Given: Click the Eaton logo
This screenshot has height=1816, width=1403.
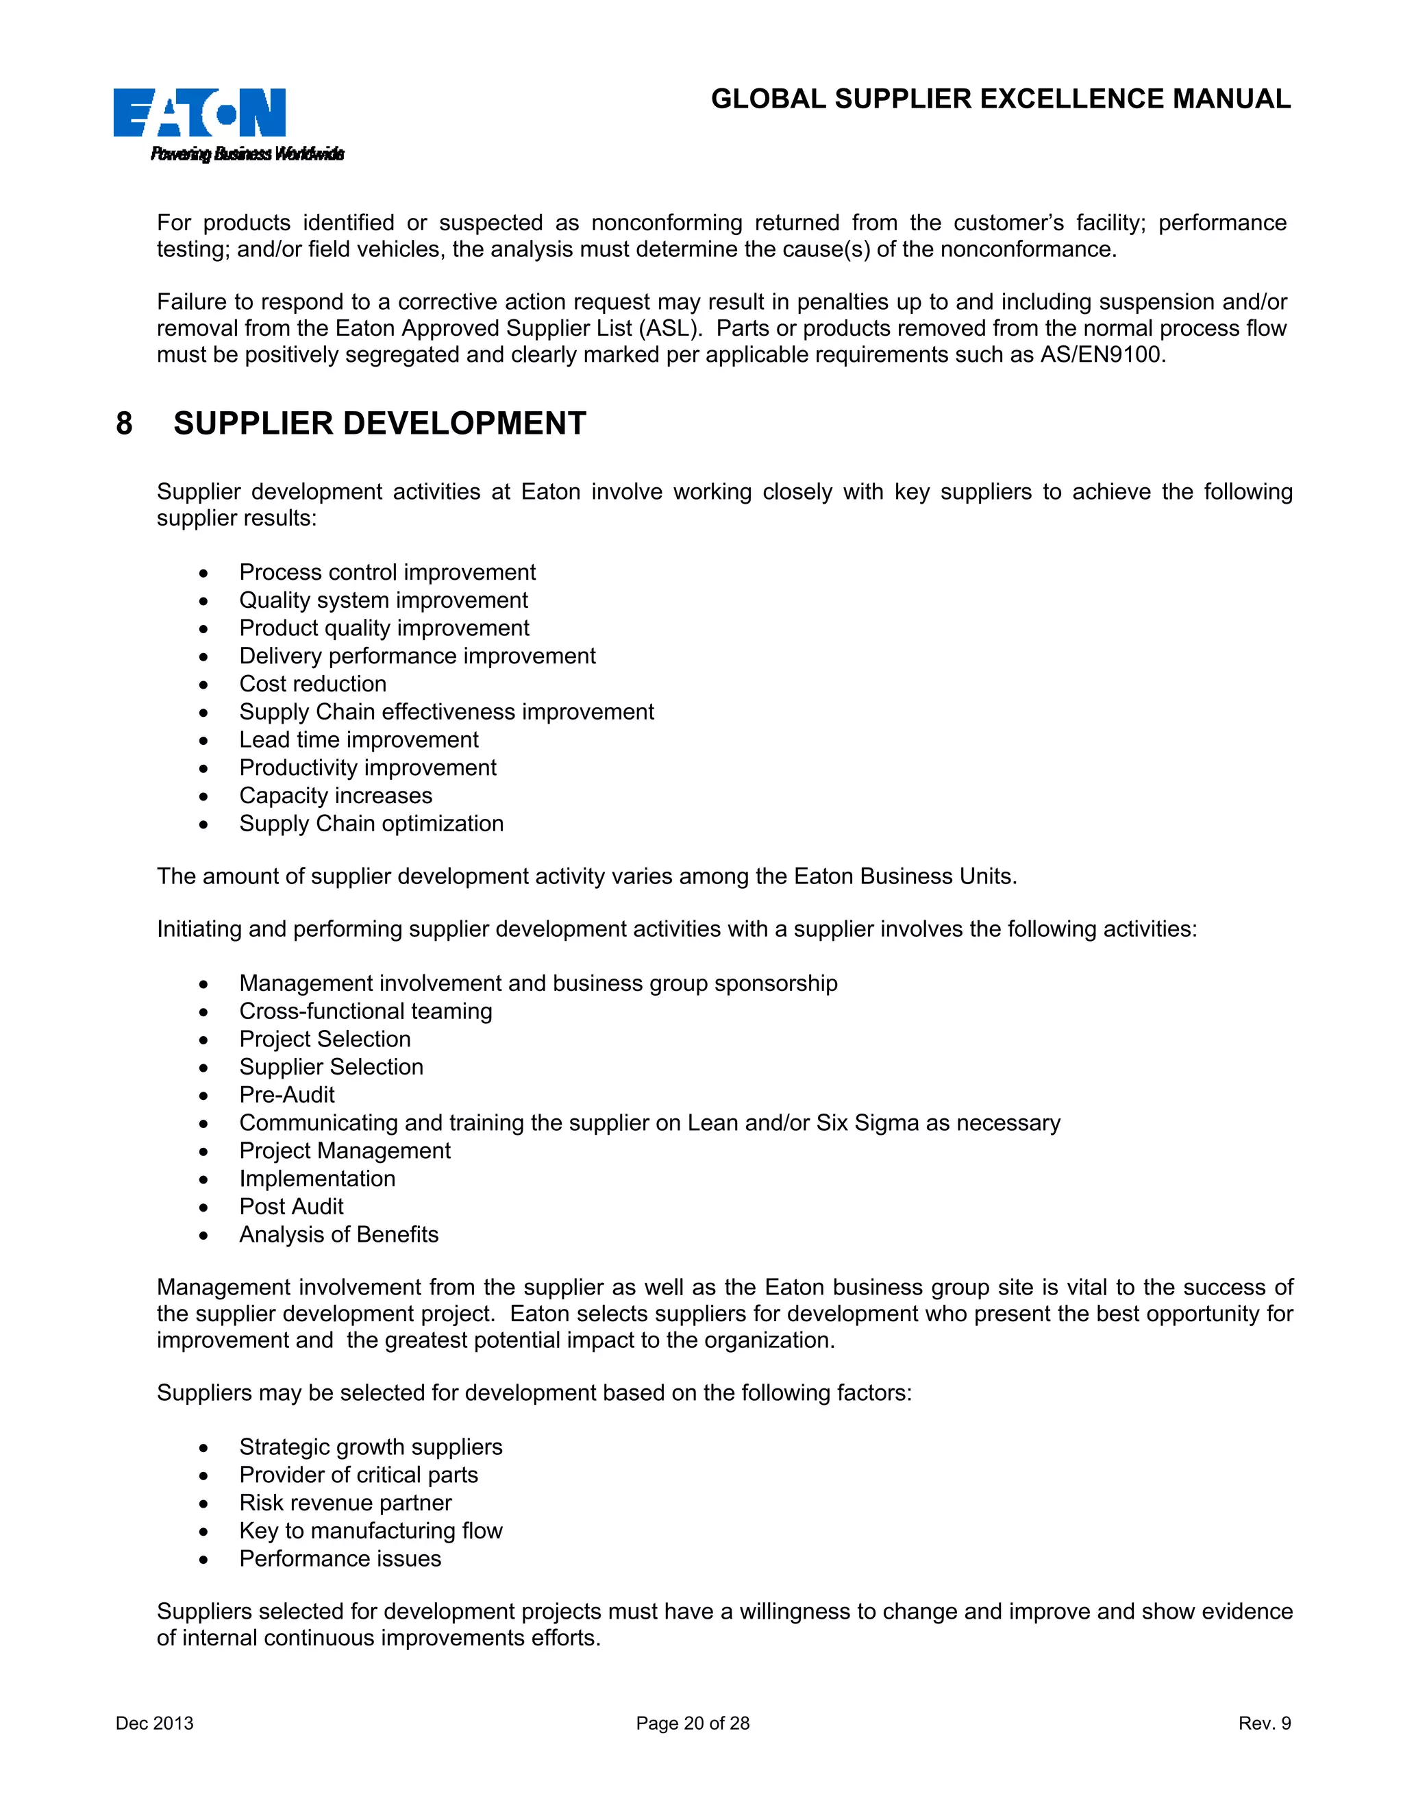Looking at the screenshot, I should [x=199, y=112].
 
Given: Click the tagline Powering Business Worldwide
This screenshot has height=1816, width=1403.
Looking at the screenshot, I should [x=247, y=154].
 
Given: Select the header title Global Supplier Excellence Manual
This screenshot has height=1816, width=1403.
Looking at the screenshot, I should [x=1000, y=99].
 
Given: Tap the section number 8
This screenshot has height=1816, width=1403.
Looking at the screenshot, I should [x=124, y=424].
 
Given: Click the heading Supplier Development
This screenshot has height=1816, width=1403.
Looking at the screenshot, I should [x=380, y=424].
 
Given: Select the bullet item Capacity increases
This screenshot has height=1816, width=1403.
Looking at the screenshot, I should [x=336, y=796].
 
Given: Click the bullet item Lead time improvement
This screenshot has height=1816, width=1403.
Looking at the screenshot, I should [x=358, y=740].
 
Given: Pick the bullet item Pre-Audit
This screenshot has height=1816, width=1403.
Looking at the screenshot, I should [x=287, y=1095].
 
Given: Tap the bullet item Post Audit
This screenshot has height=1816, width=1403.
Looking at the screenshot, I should [x=291, y=1207].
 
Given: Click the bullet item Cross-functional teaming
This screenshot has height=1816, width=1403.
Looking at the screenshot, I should [x=366, y=1011].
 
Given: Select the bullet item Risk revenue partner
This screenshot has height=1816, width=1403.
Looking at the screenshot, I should [x=345, y=1503].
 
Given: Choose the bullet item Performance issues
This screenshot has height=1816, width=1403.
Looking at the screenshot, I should [x=340, y=1558].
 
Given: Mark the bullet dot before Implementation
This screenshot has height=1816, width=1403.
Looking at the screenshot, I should [x=203, y=1180].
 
